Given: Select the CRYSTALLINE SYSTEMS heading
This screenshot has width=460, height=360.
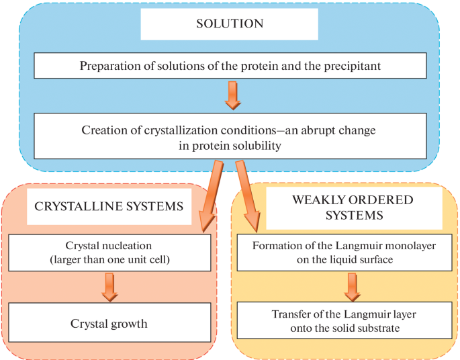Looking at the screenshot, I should [x=109, y=206].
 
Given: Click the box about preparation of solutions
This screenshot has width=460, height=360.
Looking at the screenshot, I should [x=229, y=66].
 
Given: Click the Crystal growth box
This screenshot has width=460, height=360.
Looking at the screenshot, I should [x=109, y=324].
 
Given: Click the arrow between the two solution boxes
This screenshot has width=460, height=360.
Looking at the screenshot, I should [x=232, y=95].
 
